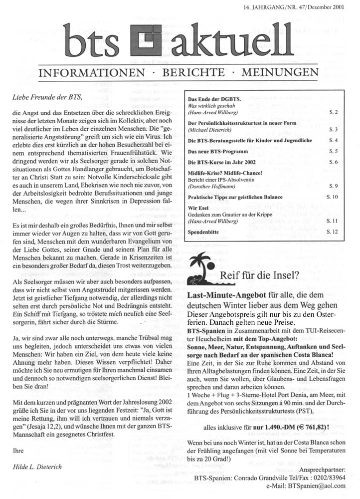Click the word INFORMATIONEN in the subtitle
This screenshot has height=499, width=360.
(93, 73)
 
